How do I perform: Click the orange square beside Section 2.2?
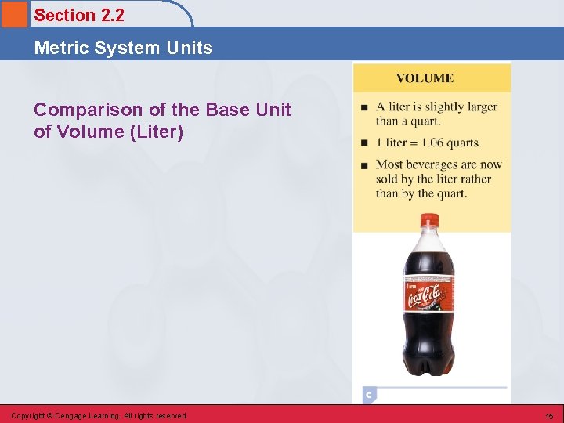pos(14,13)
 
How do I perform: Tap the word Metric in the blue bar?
pos(59,48)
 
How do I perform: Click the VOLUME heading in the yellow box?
pos(425,78)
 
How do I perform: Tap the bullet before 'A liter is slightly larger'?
pos(364,107)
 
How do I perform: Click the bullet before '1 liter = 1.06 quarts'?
pos(364,143)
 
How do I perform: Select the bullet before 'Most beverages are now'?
pos(364,165)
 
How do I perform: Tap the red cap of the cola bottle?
pos(430,222)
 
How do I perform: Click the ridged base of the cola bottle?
pos(429,365)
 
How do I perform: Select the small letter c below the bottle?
pos(368,395)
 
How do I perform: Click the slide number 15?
pos(549,416)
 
